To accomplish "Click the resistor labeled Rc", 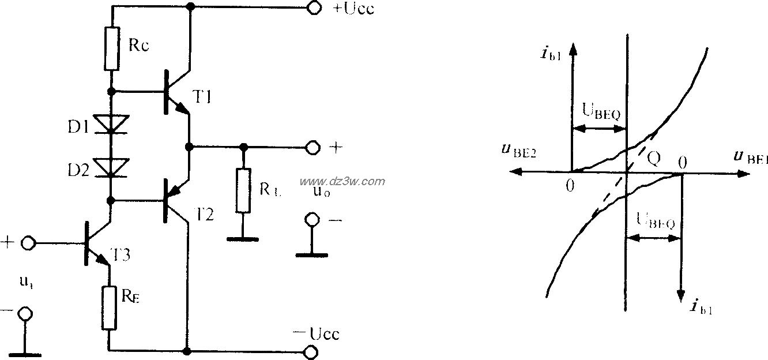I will pyautogui.click(x=112, y=48).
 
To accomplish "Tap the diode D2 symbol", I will pyautogui.click(x=112, y=166).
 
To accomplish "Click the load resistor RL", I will pyautogui.click(x=243, y=191).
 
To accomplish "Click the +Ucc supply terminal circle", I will pyautogui.click(x=314, y=8).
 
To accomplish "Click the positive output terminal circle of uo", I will pyautogui.click(x=313, y=148).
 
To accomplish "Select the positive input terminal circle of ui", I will pyautogui.click(x=27, y=243).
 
